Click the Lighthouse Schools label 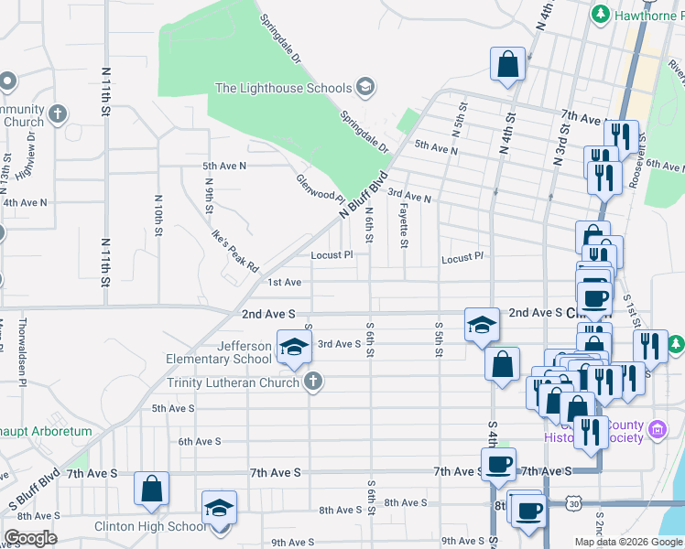[x=283, y=88]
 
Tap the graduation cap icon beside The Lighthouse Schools [x=364, y=88]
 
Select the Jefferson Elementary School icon [x=294, y=348]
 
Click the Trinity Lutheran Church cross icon [x=312, y=382]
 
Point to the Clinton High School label [x=149, y=526]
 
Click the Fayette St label [x=403, y=225]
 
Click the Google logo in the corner [x=30, y=538]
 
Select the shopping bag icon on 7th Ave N [x=507, y=66]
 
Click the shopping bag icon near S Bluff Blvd [x=152, y=489]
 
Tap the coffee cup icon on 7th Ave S [x=498, y=465]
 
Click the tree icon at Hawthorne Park [x=601, y=14]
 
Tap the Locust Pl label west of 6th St [x=332, y=255]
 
